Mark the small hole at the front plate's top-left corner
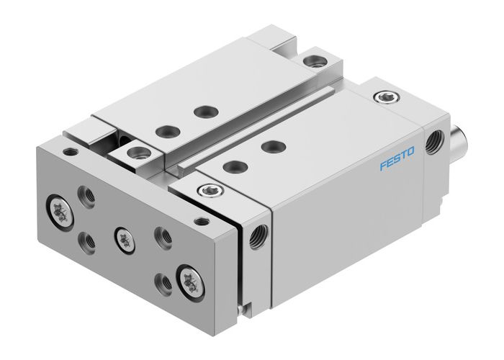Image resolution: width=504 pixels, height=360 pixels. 69,153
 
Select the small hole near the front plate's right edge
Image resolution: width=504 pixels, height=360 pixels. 203,221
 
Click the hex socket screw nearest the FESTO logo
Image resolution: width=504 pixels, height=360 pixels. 383,96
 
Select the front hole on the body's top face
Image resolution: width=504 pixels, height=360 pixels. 231,166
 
